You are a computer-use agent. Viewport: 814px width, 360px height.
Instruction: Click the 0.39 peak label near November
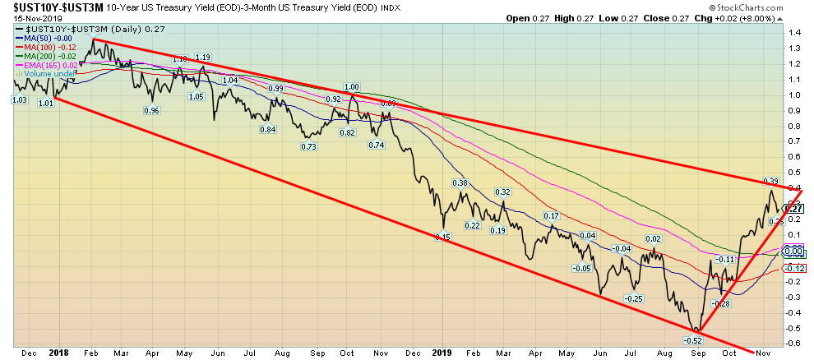(771, 181)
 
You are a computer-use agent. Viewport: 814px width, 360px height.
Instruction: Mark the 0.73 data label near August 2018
(309, 146)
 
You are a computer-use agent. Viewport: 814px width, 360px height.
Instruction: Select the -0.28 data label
(721, 303)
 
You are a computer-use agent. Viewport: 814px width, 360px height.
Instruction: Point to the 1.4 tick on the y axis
(795, 33)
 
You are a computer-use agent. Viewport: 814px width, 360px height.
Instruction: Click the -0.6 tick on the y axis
(795, 344)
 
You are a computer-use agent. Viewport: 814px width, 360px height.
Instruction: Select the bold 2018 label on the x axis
(59, 353)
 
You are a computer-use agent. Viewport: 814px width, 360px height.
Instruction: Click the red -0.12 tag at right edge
(796, 269)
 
